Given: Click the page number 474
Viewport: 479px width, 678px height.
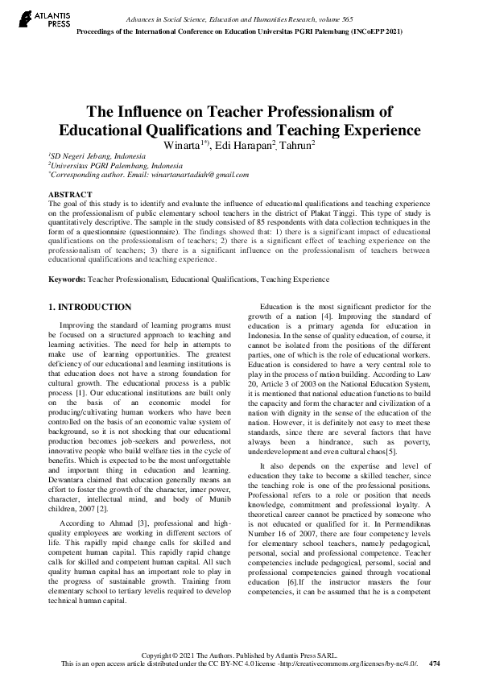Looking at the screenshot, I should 435,664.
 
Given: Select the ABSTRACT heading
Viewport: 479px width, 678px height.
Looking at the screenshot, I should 70,195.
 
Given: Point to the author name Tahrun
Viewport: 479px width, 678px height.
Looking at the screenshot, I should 299,145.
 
